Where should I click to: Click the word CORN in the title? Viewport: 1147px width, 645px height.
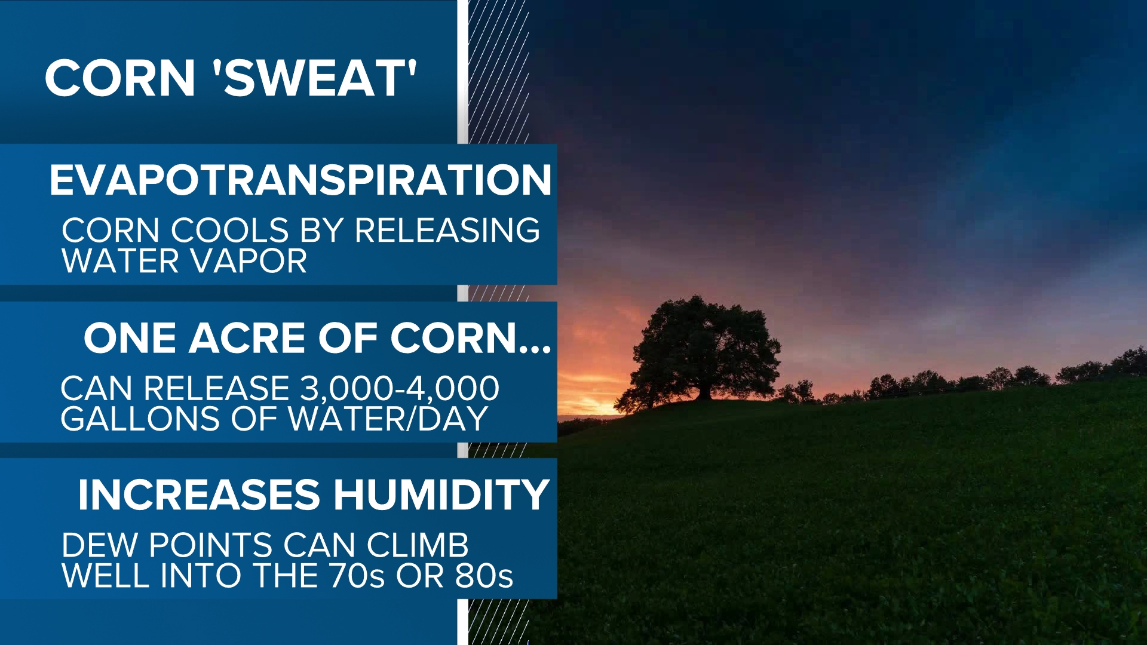(x=120, y=78)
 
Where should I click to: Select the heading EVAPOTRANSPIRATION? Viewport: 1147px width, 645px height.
(x=300, y=180)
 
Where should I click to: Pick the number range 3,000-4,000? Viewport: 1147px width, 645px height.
(x=399, y=389)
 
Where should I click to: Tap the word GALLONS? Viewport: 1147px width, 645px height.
(x=140, y=419)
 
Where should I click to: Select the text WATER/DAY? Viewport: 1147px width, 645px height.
(x=388, y=419)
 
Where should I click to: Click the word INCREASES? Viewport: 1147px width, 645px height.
(x=199, y=495)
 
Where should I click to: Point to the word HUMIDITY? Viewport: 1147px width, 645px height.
(x=441, y=495)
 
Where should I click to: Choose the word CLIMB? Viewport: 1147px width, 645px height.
(x=418, y=545)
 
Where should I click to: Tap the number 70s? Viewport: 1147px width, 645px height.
(x=357, y=576)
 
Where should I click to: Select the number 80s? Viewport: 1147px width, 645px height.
(x=484, y=576)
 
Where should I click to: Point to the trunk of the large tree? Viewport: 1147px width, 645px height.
(x=704, y=391)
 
